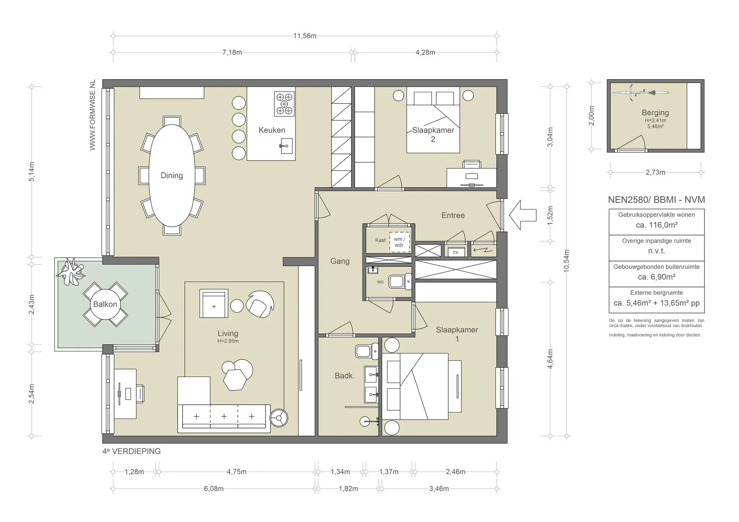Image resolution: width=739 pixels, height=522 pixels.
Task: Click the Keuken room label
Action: click(x=272, y=130)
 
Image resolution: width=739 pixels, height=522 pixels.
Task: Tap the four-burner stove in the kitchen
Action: click(x=284, y=104)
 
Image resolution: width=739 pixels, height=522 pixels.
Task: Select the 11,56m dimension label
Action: click(x=305, y=36)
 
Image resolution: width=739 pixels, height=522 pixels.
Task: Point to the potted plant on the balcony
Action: click(x=71, y=272)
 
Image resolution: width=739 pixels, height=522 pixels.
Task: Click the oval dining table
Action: click(x=172, y=176)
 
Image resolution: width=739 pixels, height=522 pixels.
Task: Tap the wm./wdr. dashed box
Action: click(x=399, y=242)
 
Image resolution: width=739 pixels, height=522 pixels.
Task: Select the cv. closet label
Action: click(x=456, y=252)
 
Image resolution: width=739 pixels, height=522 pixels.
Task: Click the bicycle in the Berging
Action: click(x=640, y=93)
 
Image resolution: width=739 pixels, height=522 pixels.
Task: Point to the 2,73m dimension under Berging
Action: click(x=655, y=172)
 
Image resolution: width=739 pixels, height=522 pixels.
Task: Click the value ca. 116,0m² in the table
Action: click(x=656, y=225)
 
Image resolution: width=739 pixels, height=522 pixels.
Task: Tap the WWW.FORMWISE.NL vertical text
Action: click(x=93, y=115)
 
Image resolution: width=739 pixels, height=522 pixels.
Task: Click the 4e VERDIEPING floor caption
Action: click(x=132, y=451)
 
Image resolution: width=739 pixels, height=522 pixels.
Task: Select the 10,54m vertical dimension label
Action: click(x=567, y=261)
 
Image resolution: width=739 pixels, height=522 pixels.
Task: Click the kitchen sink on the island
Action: click(x=287, y=146)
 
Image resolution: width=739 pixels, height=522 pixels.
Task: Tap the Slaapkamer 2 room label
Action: click(x=433, y=134)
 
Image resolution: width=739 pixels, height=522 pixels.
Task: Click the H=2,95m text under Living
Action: click(x=228, y=341)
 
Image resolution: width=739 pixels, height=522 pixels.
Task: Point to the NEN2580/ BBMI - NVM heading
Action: click(x=656, y=200)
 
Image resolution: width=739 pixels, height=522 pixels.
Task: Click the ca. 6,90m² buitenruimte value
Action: click(x=656, y=277)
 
